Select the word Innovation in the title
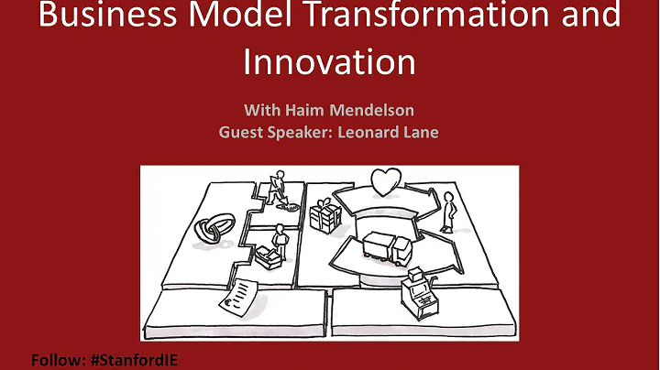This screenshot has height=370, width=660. pyautogui.click(x=329, y=61)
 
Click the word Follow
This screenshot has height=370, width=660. pyautogui.click(x=56, y=359)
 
